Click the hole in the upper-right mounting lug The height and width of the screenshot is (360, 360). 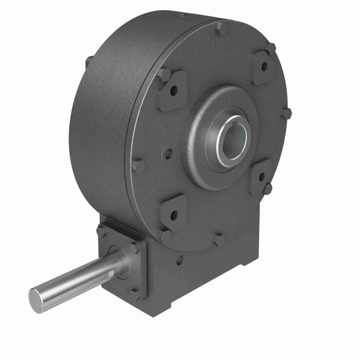(263, 66)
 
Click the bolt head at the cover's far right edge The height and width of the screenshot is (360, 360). (287, 114)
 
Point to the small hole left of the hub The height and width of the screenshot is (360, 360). (167, 153)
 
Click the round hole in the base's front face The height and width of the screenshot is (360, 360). (179, 261)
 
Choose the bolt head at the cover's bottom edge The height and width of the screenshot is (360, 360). (217, 237)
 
